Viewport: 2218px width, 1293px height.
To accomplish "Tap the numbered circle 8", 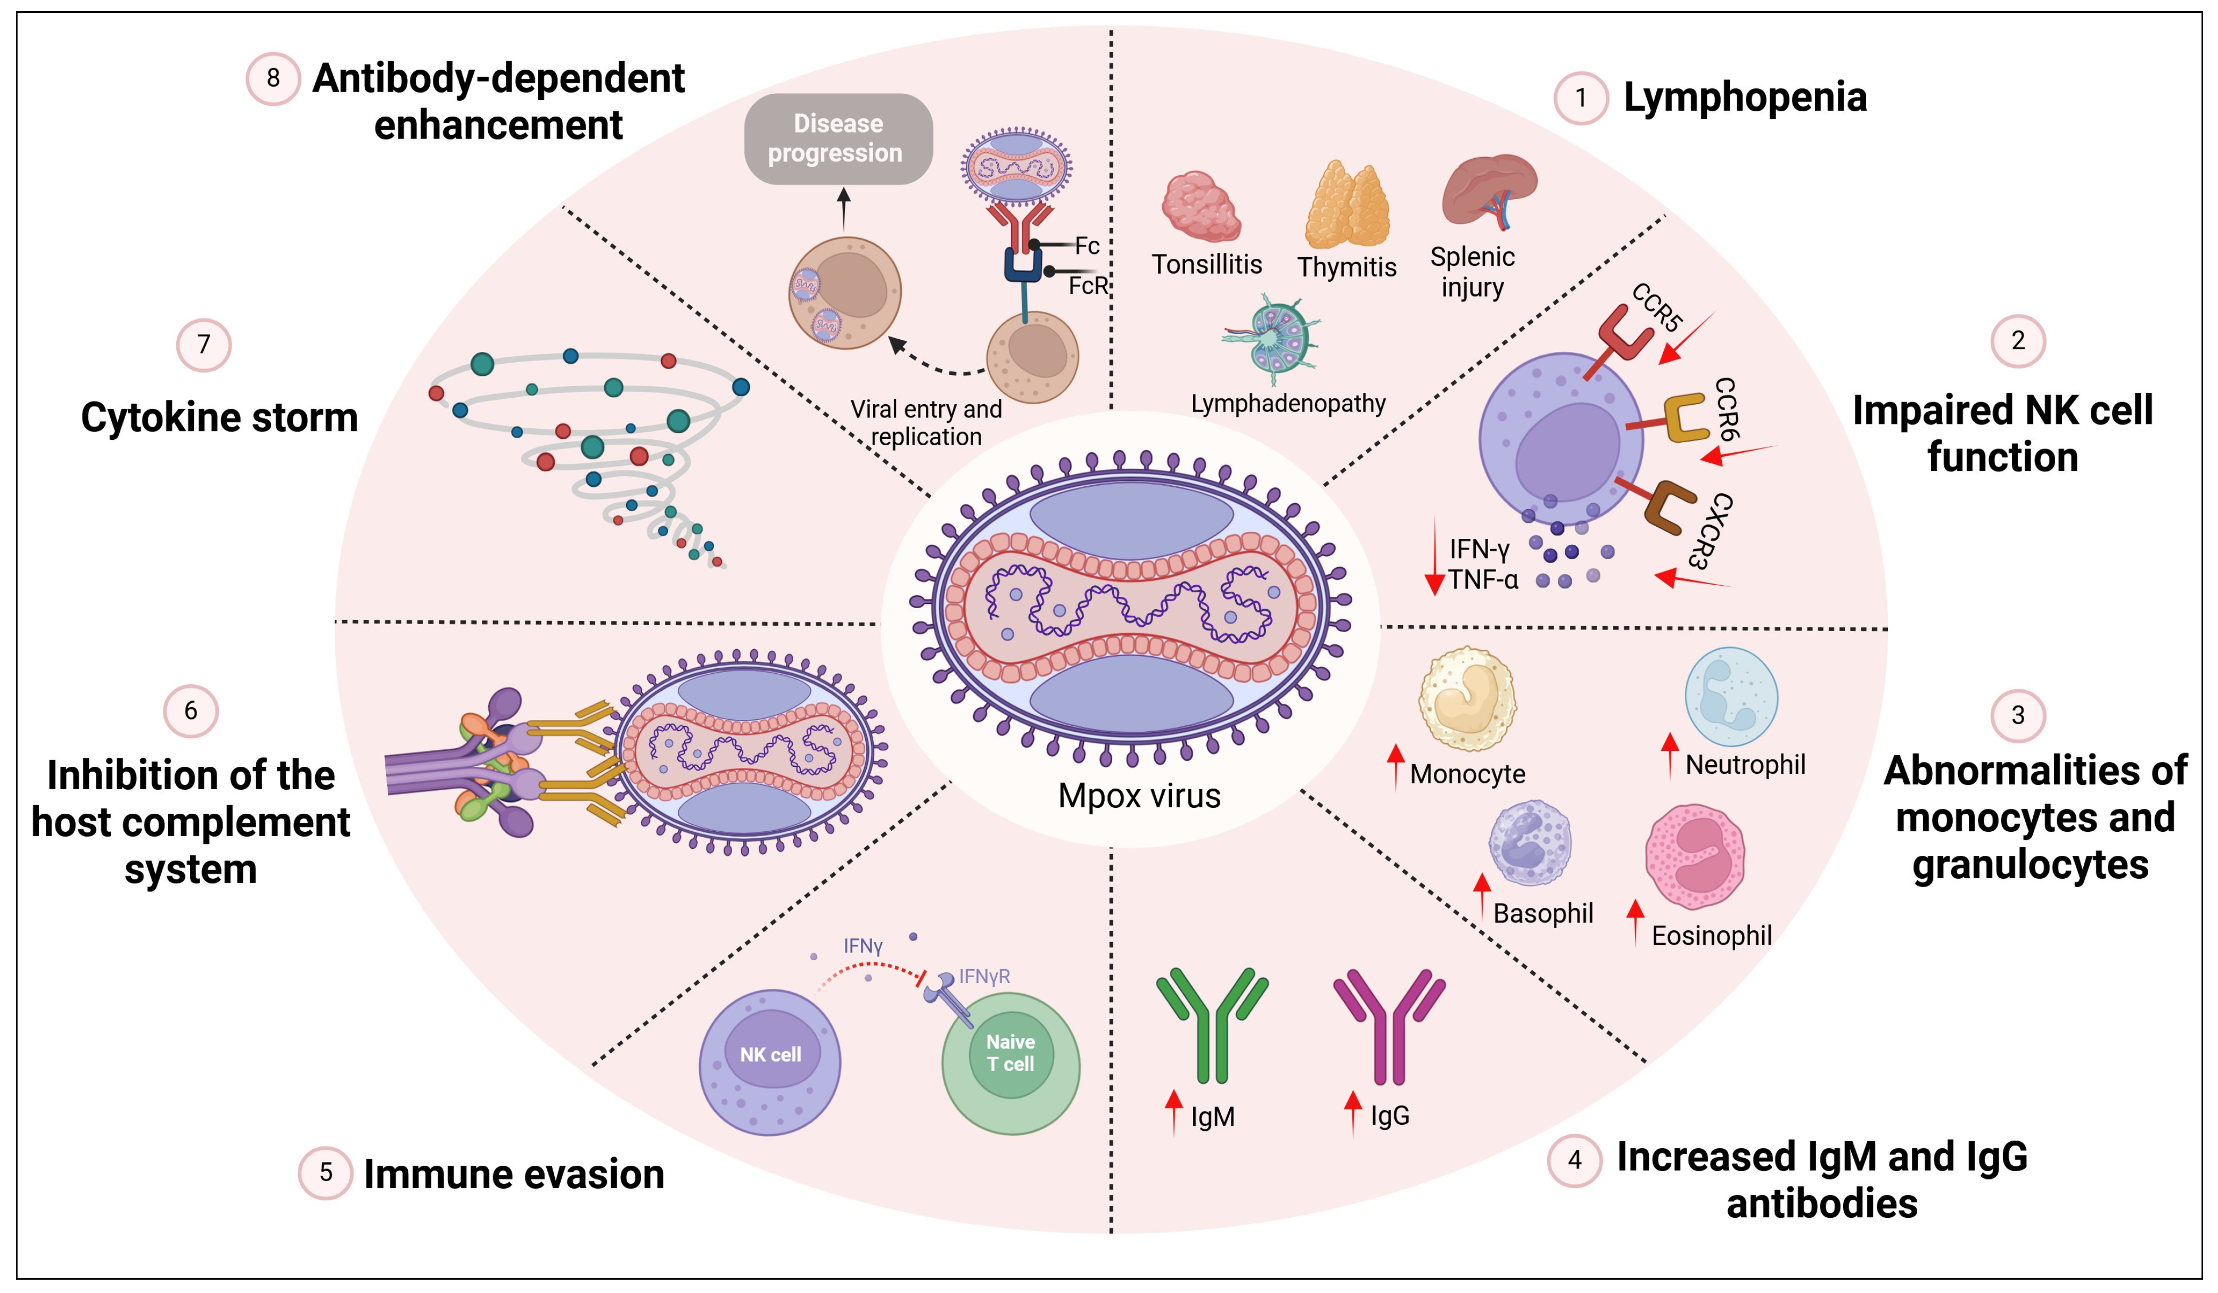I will (x=273, y=78).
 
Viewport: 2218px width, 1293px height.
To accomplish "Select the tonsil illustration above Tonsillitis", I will (x=1201, y=206).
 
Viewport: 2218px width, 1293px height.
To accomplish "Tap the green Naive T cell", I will (x=1011, y=1063).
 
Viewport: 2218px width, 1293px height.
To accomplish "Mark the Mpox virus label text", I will (x=1139, y=796).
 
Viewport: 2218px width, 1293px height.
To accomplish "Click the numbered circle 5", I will (x=326, y=1173).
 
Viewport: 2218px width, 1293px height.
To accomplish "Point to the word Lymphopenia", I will (x=1745, y=97).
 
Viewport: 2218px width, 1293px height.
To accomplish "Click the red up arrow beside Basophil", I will (x=1482, y=895).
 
